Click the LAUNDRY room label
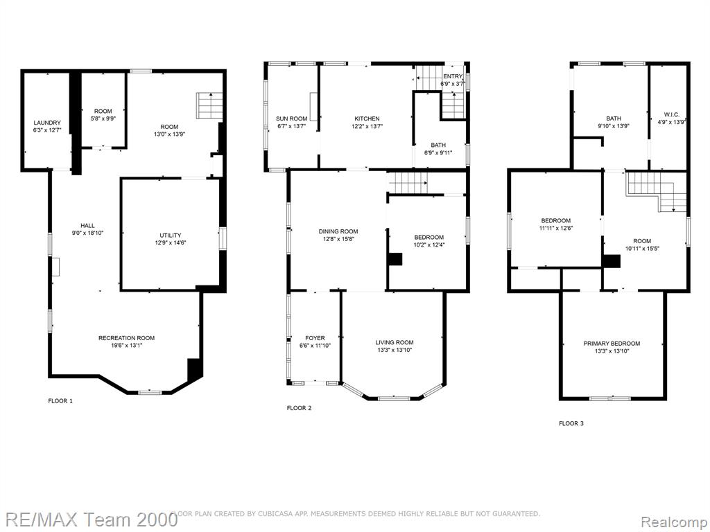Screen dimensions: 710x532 click(x=47, y=123)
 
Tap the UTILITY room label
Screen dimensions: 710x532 click(x=171, y=236)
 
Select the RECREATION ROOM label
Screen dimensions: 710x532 click(x=127, y=338)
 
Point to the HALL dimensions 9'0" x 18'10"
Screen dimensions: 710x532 click(x=88, y=233)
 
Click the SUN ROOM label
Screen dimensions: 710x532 click(x=292, y=119)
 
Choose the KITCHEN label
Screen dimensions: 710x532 click(x=367, y=119)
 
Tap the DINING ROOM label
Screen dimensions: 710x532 click(x=338, y=231)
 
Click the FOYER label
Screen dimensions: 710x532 click(x=315, y=338)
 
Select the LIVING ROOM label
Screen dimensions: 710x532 click(x=395, y=342)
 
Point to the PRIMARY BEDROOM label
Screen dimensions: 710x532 click(x=612, y=344)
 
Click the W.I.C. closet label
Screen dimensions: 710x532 click(x=671, y=115)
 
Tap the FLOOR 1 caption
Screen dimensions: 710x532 click(x=60, y=401)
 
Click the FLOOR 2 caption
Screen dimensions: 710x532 click(x=300, y=408)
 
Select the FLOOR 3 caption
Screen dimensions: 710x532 click(x=571, y=423)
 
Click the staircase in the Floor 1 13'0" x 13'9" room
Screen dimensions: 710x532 click(x=209, y=106)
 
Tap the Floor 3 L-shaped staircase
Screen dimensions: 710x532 click(x=657, y=190)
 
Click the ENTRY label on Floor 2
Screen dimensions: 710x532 click(x=453, y=76)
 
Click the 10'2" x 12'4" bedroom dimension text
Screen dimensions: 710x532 click(x=429, y=245)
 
